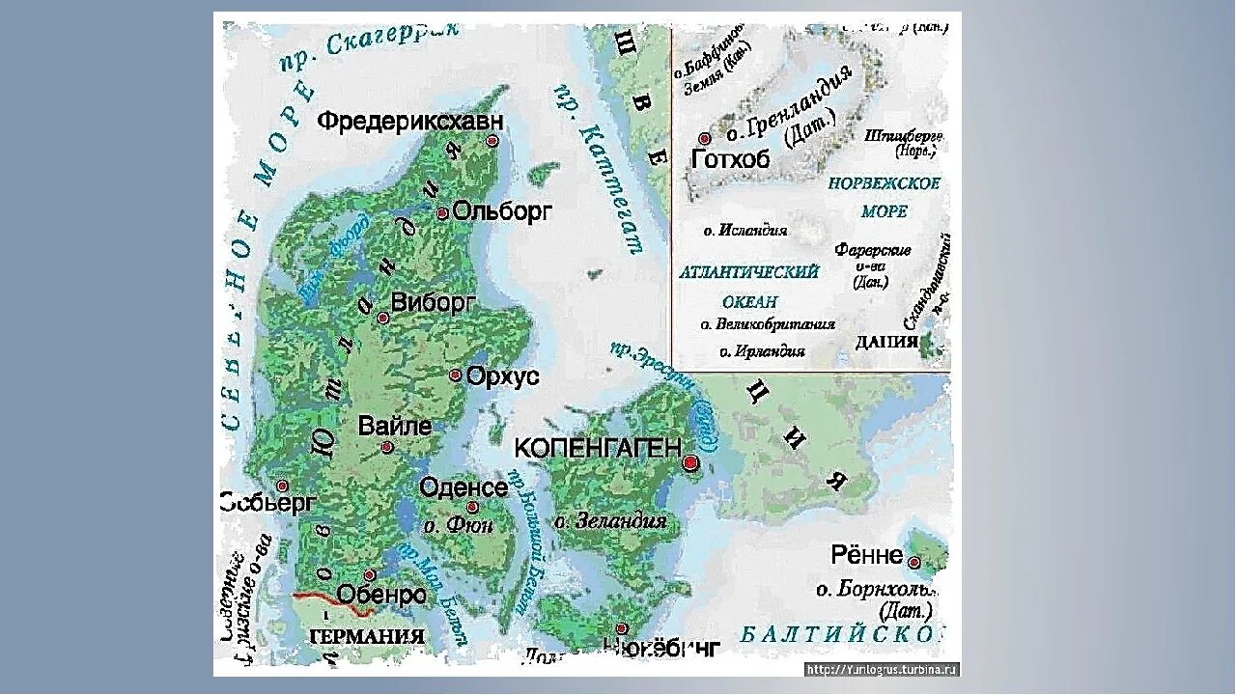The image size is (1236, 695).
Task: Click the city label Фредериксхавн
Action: click(x=410, y=122)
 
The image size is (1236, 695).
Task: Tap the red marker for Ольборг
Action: click(x=442, y=213)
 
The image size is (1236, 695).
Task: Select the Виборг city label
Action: click(x=434, y=303)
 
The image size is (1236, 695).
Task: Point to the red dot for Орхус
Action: click(x=456, y=375)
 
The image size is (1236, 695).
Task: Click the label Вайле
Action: click(x=394, y=426)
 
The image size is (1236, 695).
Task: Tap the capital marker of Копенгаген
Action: click(x=689, y=463)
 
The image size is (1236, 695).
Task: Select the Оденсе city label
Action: click(x=463, y=487)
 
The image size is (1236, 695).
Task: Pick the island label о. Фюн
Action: click(x=459, y=525)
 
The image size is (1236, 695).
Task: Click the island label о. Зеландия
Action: click(x=610, y=521)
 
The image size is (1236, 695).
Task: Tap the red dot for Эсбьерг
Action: click(x=283, y=486)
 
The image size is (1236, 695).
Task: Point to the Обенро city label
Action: click(x=381, y=595)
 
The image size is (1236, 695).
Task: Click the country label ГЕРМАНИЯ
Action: click(x=366, y=636)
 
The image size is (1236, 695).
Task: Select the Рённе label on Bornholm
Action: click(x=866, y=555)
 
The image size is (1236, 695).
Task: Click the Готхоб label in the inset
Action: click(x=731, y=160)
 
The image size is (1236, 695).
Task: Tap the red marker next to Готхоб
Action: click(x=704, y=139)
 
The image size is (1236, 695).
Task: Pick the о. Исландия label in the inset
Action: click(x=744, y=231)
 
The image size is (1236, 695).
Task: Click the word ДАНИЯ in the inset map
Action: click(x=885, y=342)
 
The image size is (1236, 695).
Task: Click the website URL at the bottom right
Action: click(x=881, y=668)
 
